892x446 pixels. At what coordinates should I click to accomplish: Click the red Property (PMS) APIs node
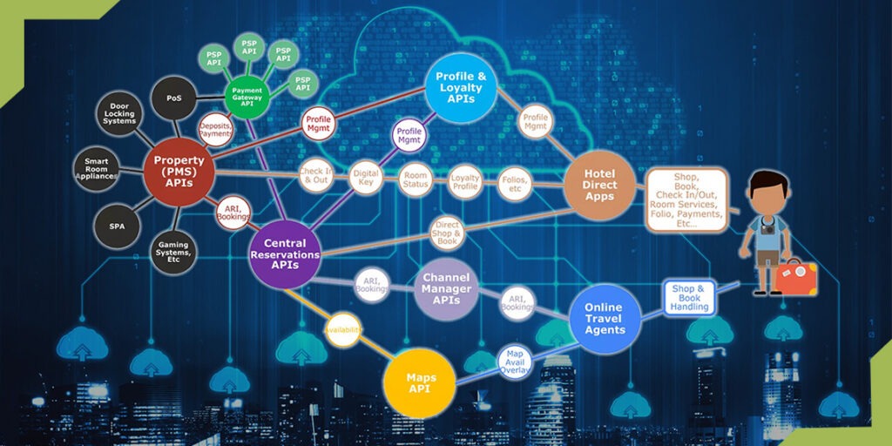[x=179, y=166]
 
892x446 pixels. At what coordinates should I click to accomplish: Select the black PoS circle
[x=174, y=98]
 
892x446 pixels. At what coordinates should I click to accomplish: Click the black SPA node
[x=117, y=226]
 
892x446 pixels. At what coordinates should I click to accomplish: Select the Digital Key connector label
[x=365, y=178]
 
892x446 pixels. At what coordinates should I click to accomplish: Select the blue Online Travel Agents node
[x=604, y=319]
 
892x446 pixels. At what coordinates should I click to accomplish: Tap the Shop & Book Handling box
[x=689, y=298]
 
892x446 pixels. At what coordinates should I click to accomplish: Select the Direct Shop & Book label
[x=447, y=233]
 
